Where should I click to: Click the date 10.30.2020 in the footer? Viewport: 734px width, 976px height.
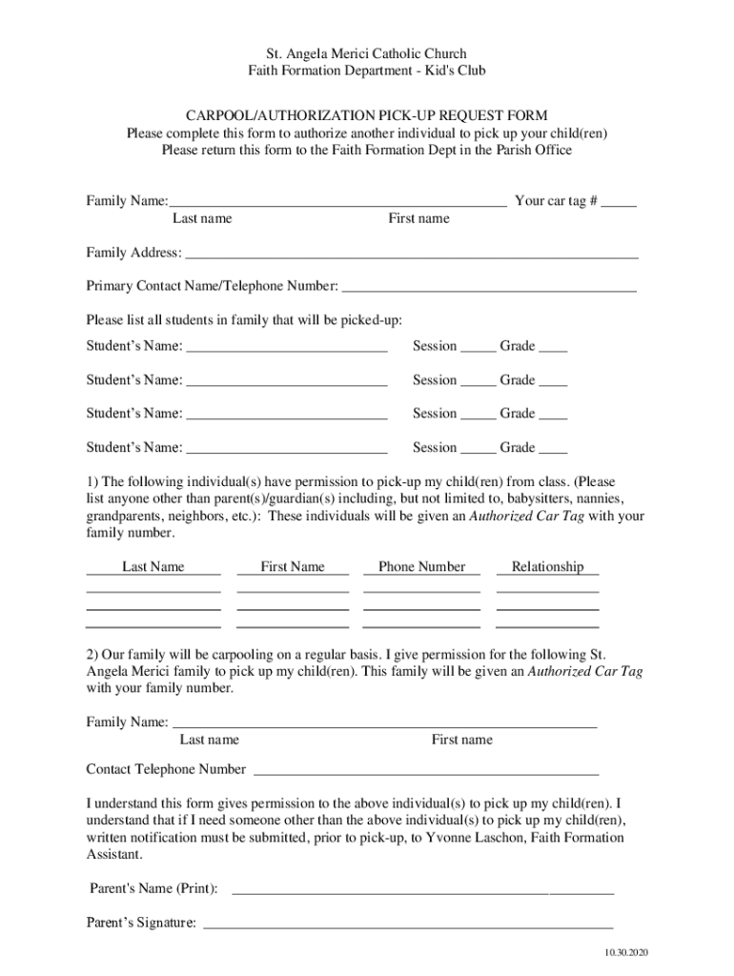point(625,953)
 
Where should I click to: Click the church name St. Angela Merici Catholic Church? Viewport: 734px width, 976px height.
point(367,54)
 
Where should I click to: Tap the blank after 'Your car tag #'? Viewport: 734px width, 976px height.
point(619,203)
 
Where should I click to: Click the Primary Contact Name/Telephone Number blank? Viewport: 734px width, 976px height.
point(488,288)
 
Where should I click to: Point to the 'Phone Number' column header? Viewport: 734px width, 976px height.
point(421,567)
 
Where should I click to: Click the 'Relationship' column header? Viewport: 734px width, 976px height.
point(547,567)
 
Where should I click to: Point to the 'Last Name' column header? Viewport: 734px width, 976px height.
point(153,567)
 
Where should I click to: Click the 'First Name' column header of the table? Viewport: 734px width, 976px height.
point(293,567)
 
